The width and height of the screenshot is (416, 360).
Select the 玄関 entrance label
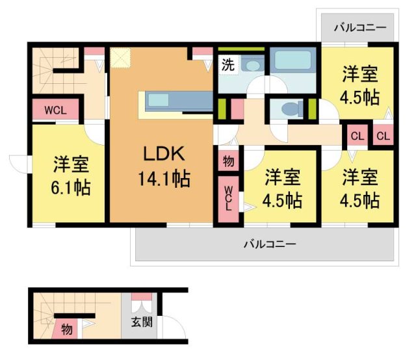(140, 322)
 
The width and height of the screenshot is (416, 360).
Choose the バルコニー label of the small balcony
(359, 27)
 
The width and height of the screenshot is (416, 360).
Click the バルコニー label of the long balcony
(270, 245)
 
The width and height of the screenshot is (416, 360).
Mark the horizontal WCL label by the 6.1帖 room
(56, 110)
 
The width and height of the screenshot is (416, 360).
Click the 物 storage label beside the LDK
(228, 160)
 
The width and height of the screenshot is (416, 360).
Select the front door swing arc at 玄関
(172, 328)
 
